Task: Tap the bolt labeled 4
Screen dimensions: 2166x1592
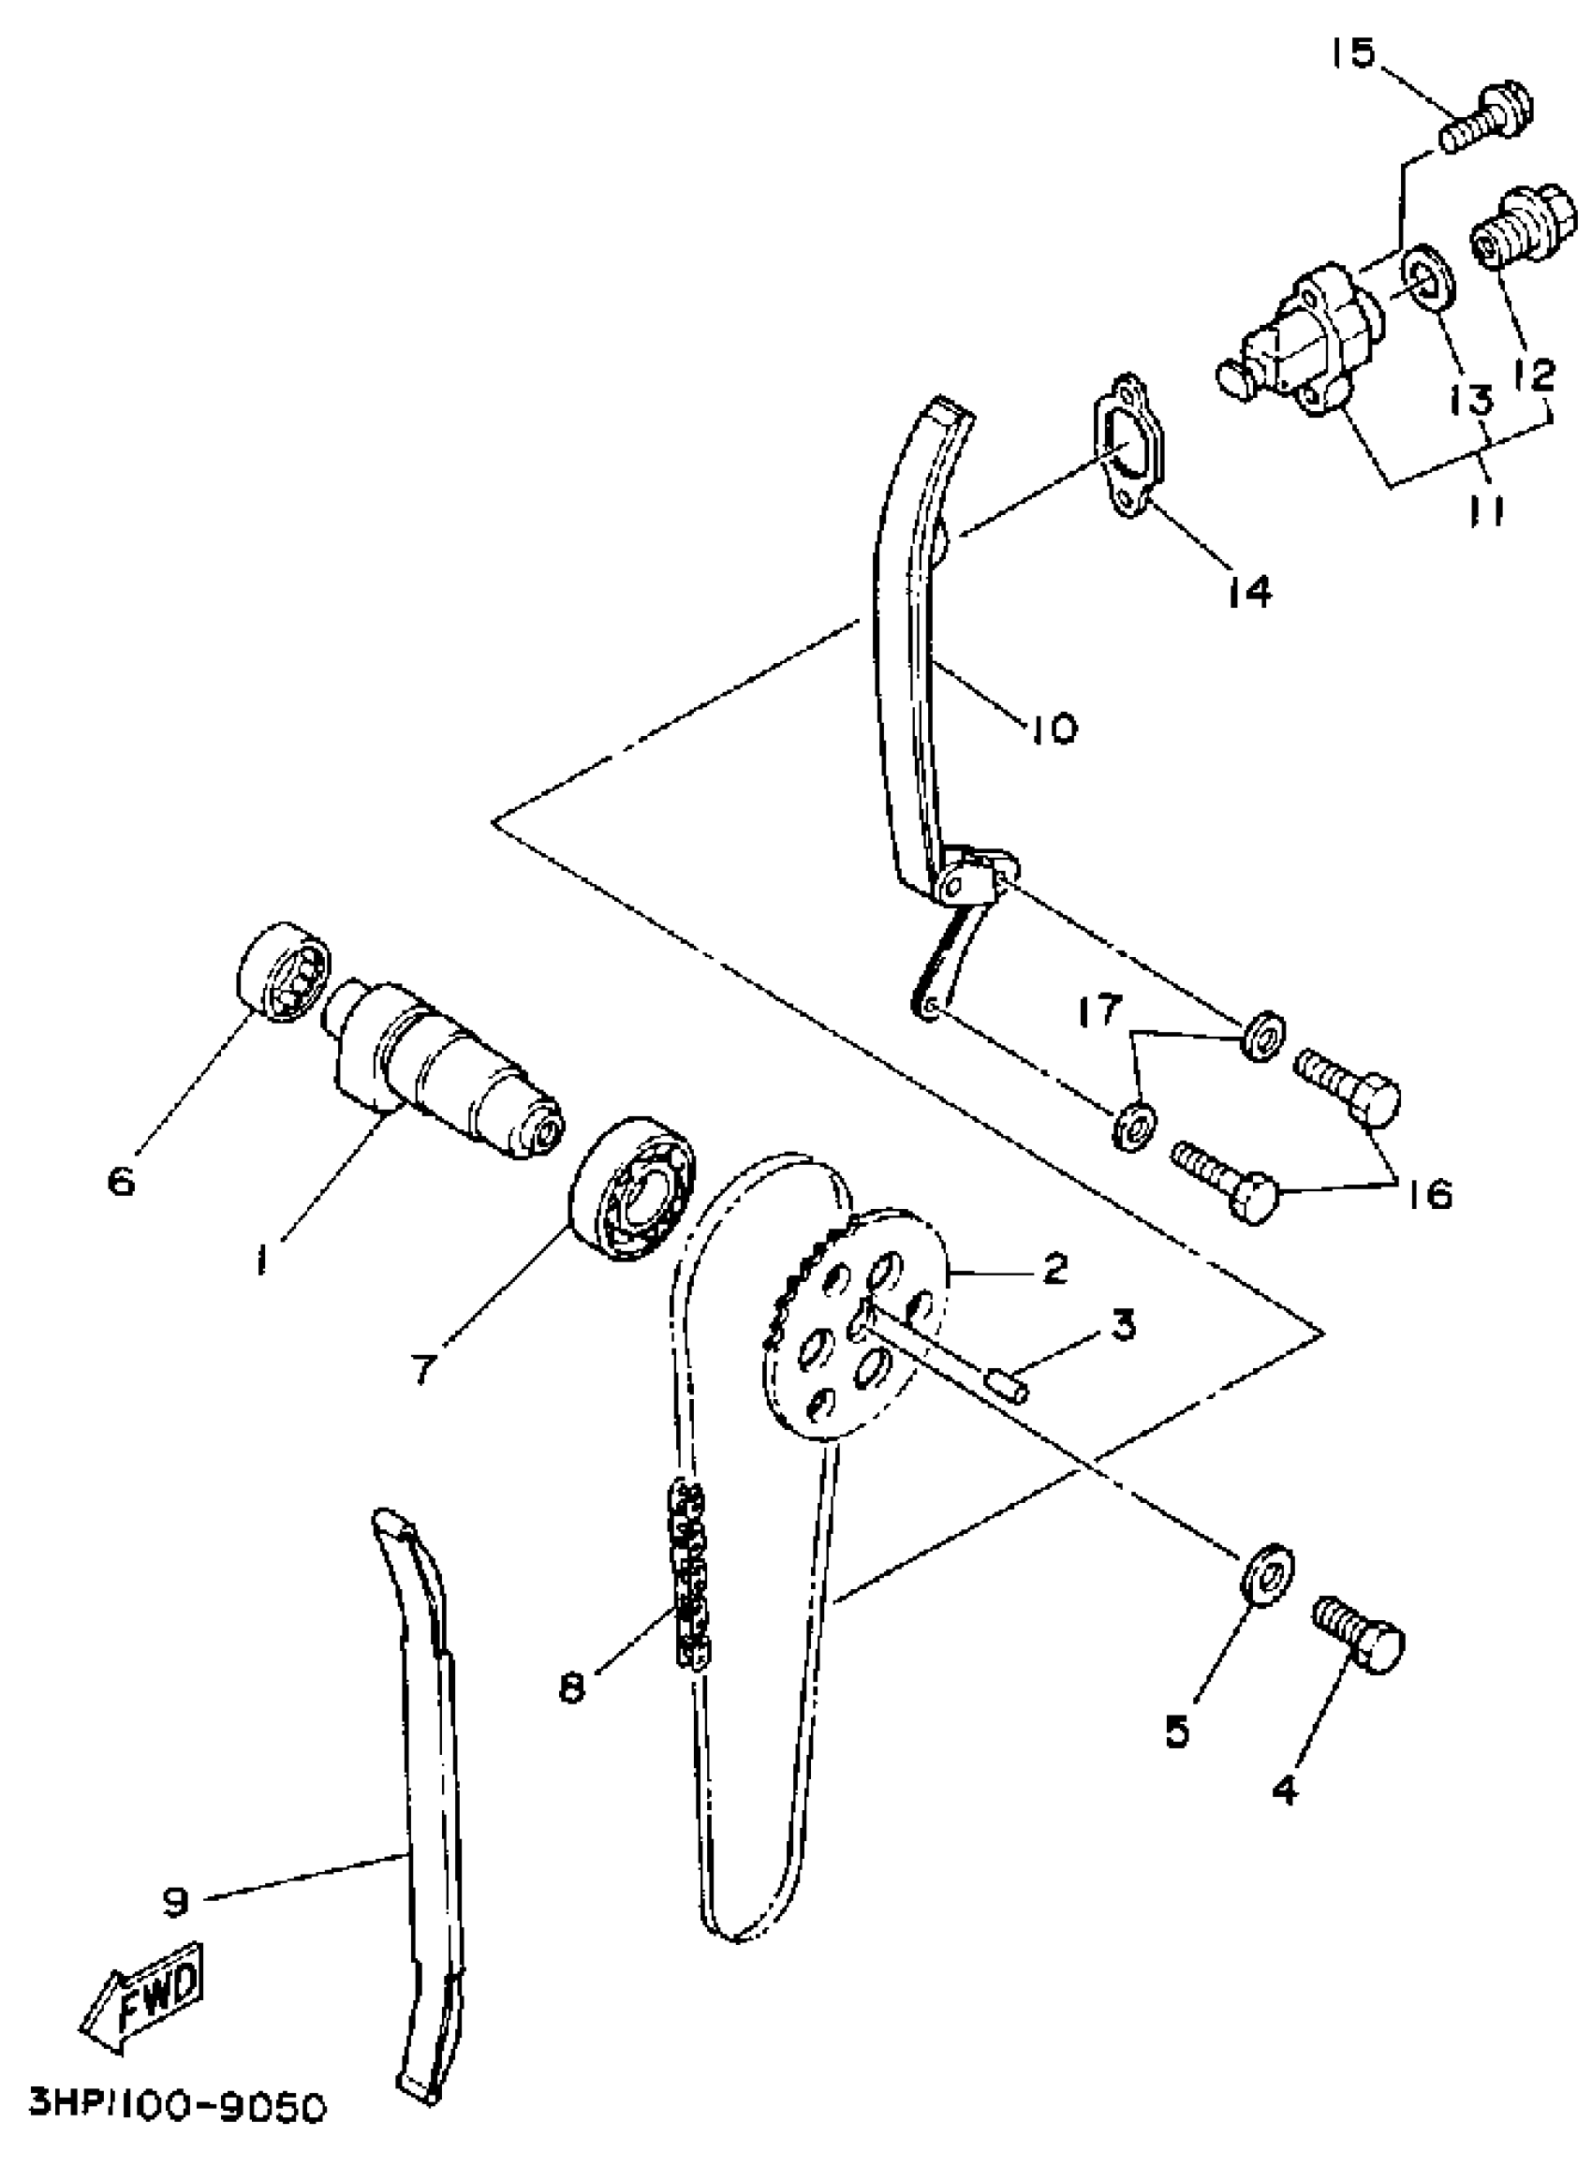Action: [x=1360, y=1636]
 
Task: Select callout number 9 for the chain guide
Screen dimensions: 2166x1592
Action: [x=176, y=1901]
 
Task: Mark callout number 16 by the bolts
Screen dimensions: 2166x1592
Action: [x=1436, y=1196]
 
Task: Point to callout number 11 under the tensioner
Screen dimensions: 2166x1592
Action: [x=1486, y=509]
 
